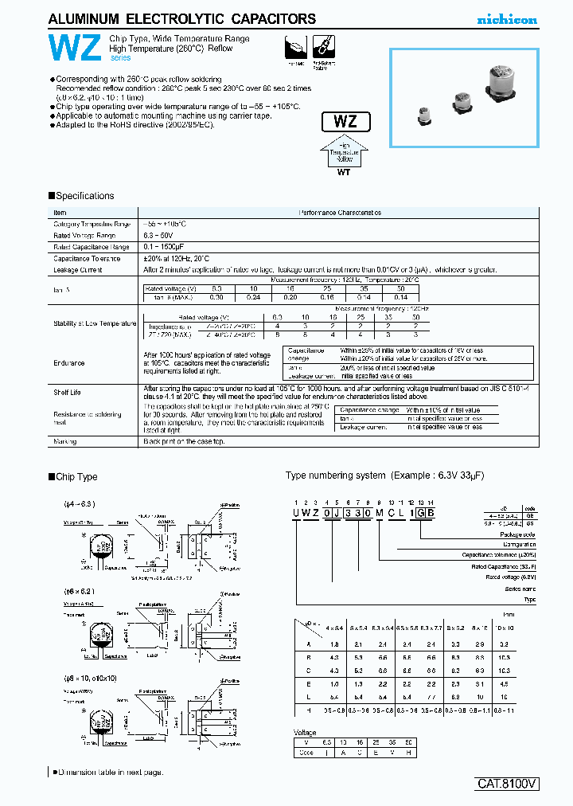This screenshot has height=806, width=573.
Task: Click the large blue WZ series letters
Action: coord(73,49)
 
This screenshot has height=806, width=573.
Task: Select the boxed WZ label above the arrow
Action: coord(345,123)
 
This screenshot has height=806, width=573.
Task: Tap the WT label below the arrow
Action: coord(345,170)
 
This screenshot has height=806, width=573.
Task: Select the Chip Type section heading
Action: coord(76,477)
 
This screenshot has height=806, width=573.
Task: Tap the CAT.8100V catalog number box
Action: coord(508,784)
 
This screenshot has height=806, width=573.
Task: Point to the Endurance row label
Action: coord(69,362)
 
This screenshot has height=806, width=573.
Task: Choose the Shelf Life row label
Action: coord(67,392)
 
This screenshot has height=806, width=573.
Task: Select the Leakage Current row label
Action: coord(77,270)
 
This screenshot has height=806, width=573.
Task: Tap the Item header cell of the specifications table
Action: coord(60,213)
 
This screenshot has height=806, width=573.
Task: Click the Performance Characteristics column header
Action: coord(340,213)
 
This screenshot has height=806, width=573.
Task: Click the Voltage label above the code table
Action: coord(305,733)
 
